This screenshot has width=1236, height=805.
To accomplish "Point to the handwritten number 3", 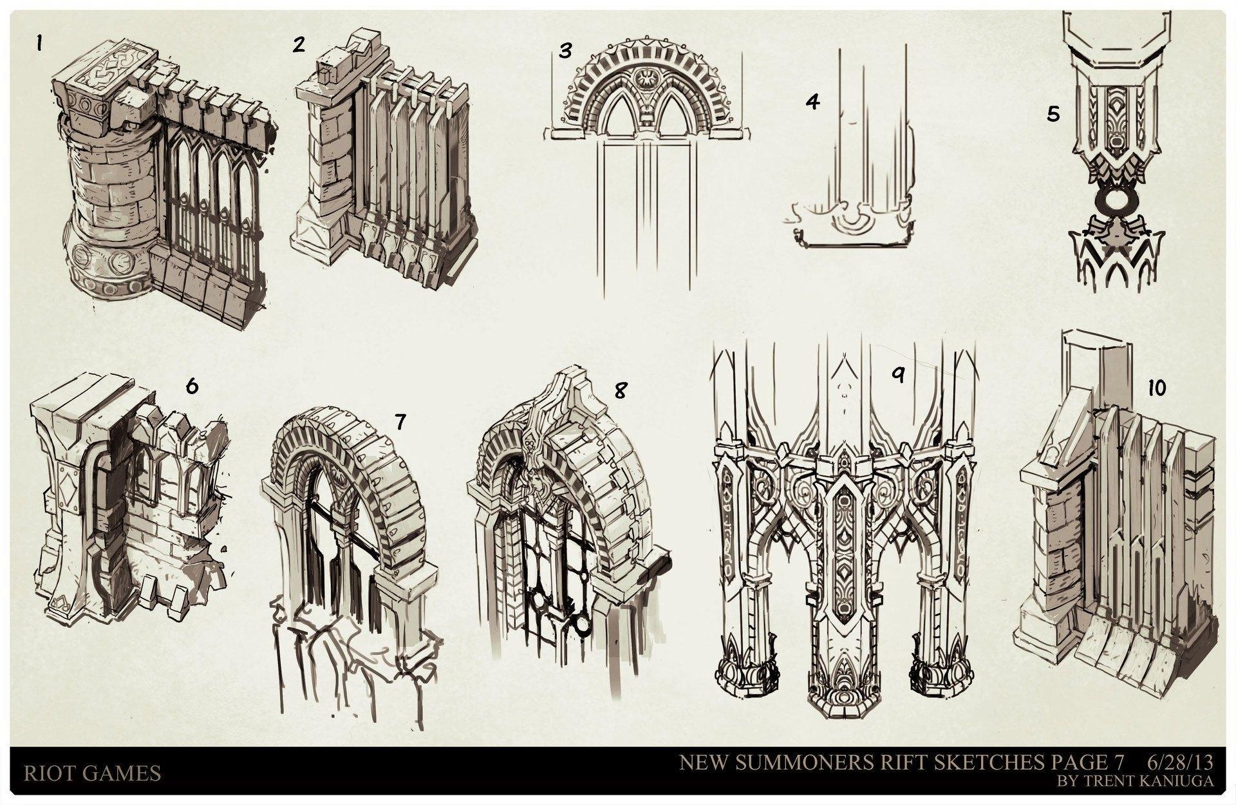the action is click(565, 51).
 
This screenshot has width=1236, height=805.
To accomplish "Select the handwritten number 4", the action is click(813, 102).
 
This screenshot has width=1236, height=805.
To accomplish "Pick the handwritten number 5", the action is click(1053, 114).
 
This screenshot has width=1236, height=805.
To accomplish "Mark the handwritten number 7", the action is click(400, 422).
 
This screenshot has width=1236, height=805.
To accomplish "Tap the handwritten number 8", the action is click(620, 390).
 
